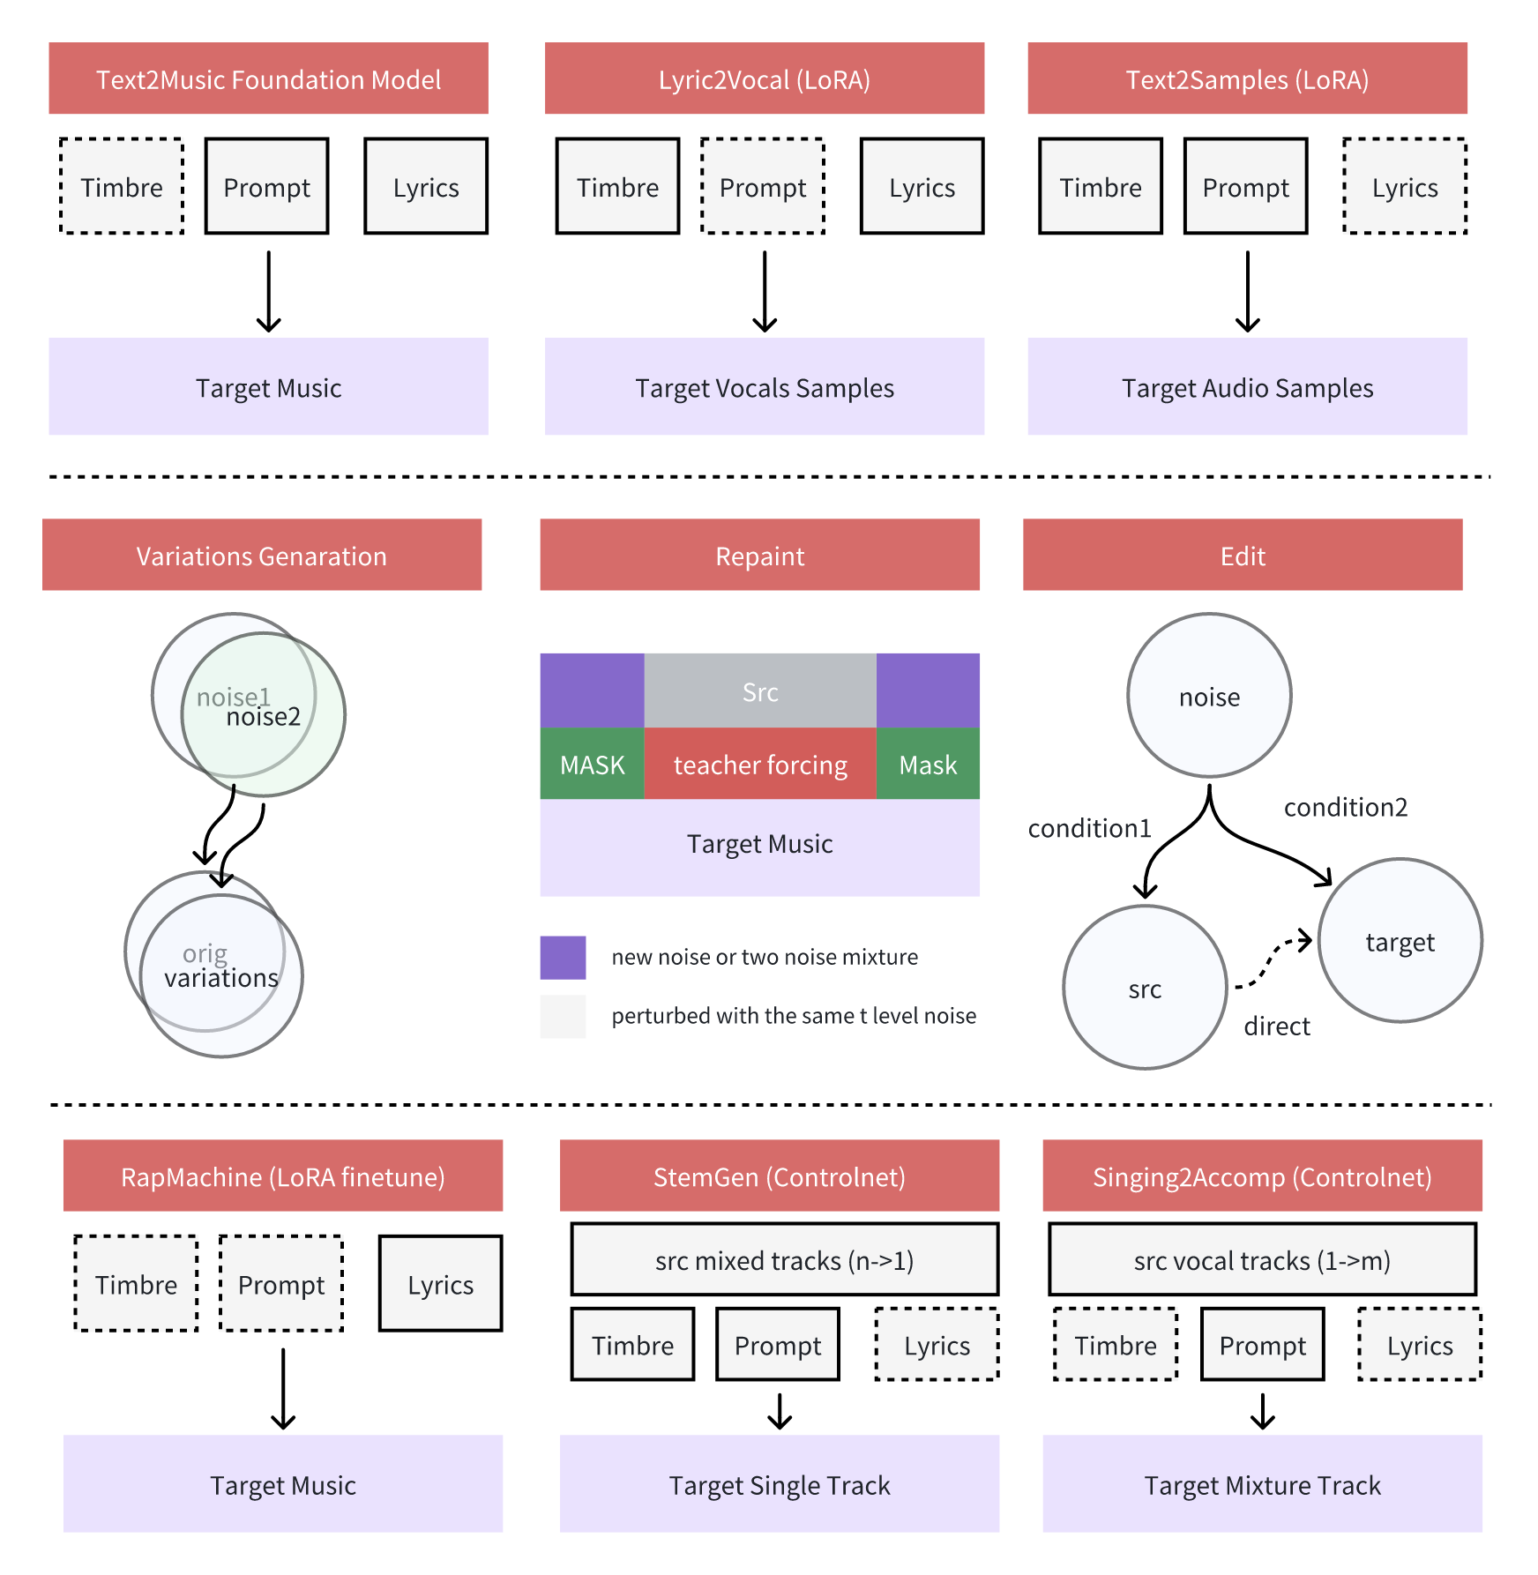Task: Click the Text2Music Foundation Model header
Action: pos(268,78)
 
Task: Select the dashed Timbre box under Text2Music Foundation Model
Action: pos(122,186)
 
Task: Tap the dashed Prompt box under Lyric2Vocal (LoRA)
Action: pos(763,186)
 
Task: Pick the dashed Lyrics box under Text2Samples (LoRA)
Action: pos(1405,186)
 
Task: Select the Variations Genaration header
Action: pos(261,555)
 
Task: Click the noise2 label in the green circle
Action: pos(264,717)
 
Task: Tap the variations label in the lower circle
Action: pos(221,978)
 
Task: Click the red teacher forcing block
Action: pos(760,765)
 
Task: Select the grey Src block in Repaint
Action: pos(760,691)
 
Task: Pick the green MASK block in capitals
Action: pos(592,765)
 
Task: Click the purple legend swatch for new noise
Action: pos(563,958)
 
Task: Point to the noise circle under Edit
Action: pos(1209,696)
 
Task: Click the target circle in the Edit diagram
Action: pos(1400,941)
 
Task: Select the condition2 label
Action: pos(1345,807)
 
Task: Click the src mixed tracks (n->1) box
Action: pos(784,1260)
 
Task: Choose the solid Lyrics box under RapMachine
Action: pos(440,1284)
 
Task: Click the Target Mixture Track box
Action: pos(1262,1485)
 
